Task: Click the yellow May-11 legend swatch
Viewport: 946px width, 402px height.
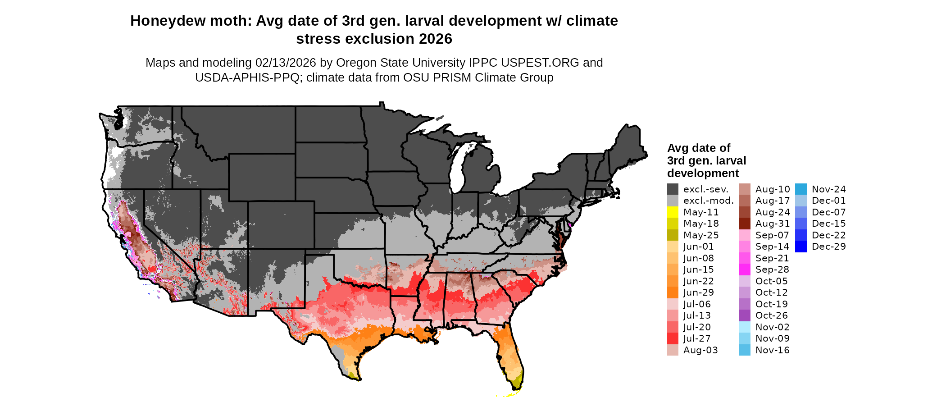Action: click(673, 212)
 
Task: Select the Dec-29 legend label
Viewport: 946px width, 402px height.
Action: click(828, 247)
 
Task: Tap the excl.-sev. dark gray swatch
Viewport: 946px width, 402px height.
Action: click(673, 189)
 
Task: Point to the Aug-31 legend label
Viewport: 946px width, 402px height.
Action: click(772, 224)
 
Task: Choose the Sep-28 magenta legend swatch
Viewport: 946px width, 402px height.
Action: click(745, 270)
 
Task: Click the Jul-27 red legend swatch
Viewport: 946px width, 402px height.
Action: click(673, 338)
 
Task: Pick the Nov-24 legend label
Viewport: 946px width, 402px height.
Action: click(828, 189)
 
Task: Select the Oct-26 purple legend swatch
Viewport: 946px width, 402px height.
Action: click(745, 315)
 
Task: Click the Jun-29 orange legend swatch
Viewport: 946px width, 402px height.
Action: click(673, 292)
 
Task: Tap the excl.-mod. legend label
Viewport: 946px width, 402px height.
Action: click(708, 201)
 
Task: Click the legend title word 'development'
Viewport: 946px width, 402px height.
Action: click(703, 174)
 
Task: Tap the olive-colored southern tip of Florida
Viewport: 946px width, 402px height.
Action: click(517, 384)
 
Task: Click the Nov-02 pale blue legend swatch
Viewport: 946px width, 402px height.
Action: click(745, 327)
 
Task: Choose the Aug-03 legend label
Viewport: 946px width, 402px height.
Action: click(700, 350)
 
